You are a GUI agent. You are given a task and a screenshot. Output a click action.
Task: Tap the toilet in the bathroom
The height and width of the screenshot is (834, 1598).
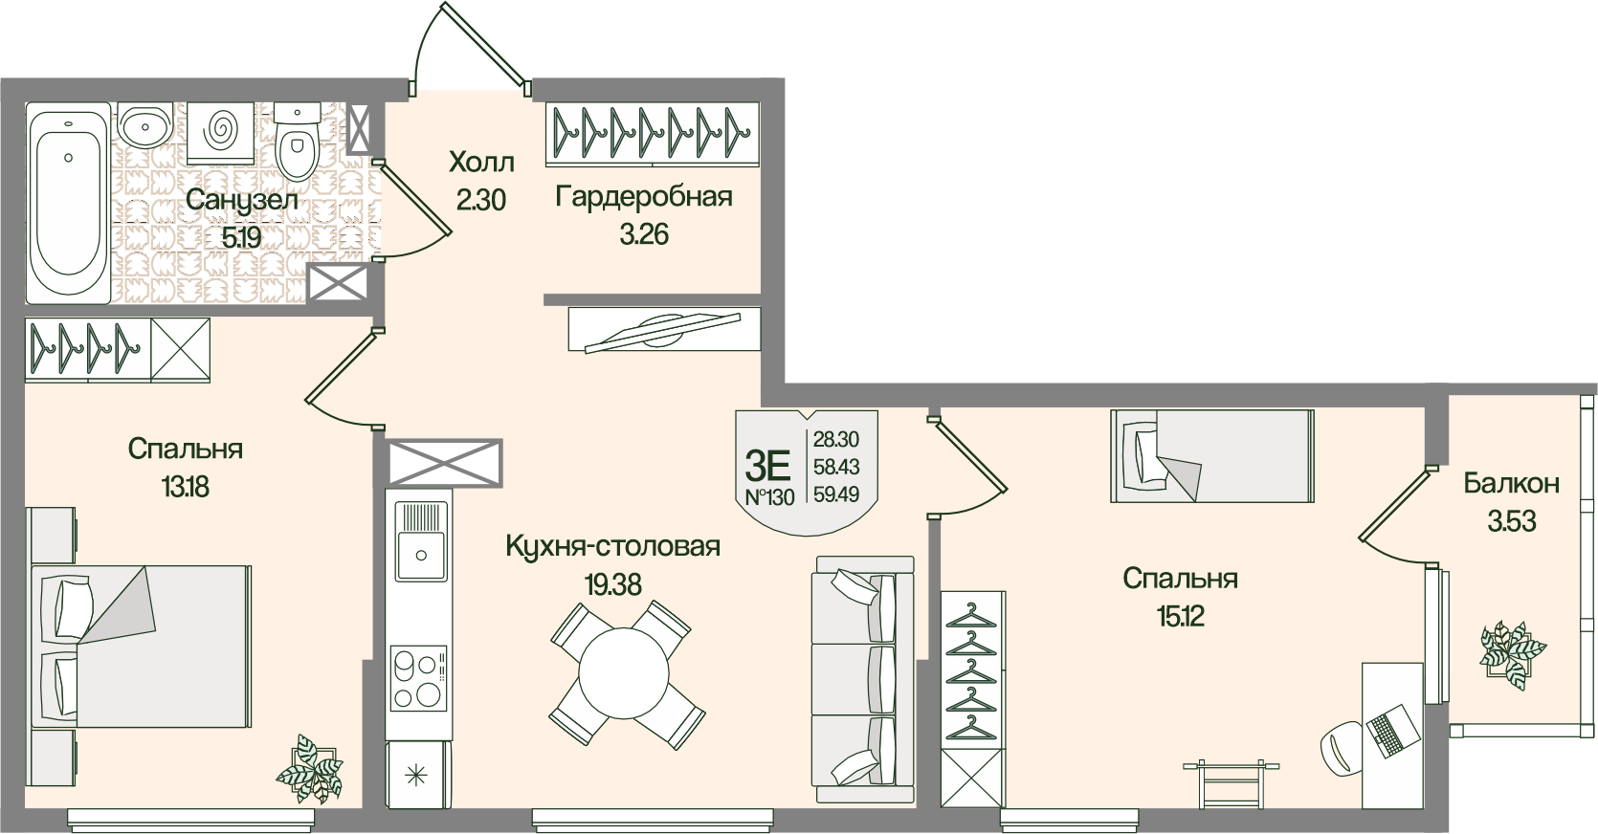click(x=296, y=143)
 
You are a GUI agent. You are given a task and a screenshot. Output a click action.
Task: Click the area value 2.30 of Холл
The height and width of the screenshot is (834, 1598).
click(x=480, y=200)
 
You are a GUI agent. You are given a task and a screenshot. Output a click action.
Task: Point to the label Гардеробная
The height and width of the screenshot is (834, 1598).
click(x=643, y=197)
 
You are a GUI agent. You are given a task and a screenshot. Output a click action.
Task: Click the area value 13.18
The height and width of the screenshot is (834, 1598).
click(x=185, y=487)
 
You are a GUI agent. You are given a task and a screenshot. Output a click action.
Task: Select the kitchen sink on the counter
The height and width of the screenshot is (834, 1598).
click(x=419, y=540)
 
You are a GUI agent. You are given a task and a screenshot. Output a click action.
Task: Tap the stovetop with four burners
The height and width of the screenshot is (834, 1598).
click(x=419, y=679)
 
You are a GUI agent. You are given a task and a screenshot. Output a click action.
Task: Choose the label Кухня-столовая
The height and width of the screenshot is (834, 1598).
click(x=612, y=547)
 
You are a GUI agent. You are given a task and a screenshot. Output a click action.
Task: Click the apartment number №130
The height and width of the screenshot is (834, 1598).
click(x=768, y=498)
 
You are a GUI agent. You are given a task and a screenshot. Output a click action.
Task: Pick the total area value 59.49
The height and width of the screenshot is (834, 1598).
click(x=835, y=494)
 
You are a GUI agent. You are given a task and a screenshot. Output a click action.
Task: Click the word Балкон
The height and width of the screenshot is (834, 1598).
click(x=1511, y=484)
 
